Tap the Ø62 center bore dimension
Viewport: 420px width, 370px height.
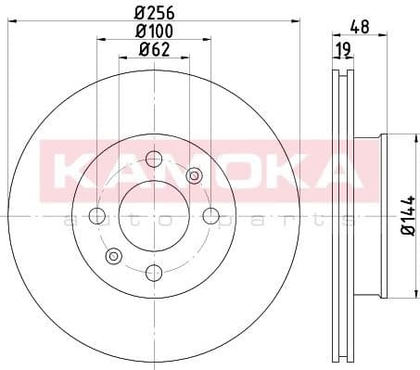pos(155,50)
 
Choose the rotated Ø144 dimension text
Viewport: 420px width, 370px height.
pos(406,216)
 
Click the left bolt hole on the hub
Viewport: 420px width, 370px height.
pos(97,216)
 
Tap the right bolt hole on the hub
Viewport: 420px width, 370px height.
pos(211,216)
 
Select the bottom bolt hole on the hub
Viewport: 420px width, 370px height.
pos(155,272)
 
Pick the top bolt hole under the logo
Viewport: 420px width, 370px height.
pos(155,160)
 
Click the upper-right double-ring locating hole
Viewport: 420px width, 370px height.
pos(195,176)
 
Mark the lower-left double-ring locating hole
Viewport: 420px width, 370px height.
pos(114,256)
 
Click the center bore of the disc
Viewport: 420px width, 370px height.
pos(155,216)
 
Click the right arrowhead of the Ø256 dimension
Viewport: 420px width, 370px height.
pos(298,21)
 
